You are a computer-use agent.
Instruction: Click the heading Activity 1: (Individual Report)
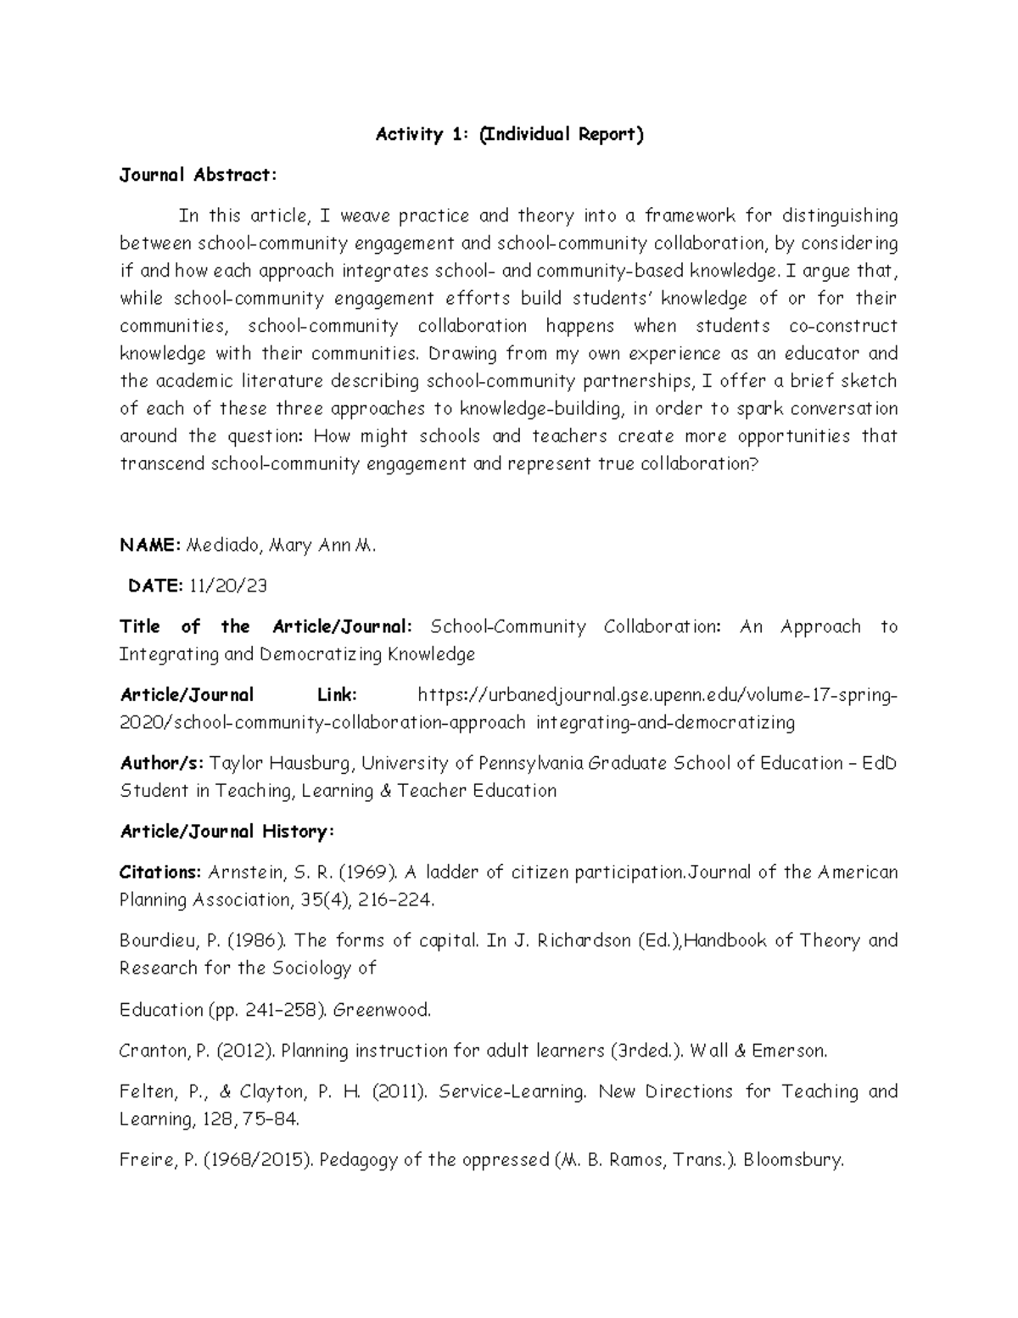[x=510, y=134]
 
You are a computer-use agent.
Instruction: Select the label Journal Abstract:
[x=198, y=176]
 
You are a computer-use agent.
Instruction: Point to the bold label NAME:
[x=149, y=546]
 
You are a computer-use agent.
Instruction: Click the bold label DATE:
[x=154, y=586]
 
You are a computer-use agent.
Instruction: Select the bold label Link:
[x=337, y=695]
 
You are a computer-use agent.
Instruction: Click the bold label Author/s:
[x=161, y=763]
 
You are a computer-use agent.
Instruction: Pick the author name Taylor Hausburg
[x=280, y=763]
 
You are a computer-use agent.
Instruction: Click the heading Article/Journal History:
[x=227, y=832]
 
